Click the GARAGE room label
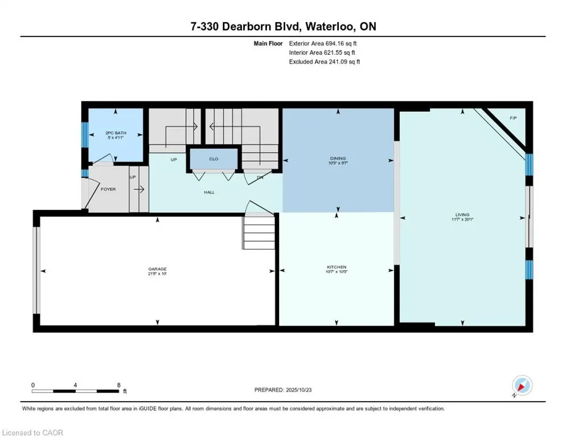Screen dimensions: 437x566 (158, 269)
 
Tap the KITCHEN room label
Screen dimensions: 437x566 (337, 267)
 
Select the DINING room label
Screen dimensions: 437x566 (338, 158)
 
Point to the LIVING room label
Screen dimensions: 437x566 (462, 215)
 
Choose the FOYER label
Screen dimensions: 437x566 (108, 189)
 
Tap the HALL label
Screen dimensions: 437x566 (210, 192)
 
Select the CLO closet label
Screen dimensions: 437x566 (214, 159)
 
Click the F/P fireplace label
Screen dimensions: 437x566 (512, 118)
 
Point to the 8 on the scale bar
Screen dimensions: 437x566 (118, 385)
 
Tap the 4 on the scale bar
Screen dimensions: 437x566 (75, 385)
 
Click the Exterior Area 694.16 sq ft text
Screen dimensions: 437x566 (324, 43)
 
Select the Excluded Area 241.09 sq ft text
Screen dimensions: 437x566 (325, 61)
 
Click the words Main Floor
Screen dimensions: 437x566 (268, 43)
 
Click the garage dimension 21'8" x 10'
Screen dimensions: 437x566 (158, 274)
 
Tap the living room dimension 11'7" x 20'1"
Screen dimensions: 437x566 (462, 220)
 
